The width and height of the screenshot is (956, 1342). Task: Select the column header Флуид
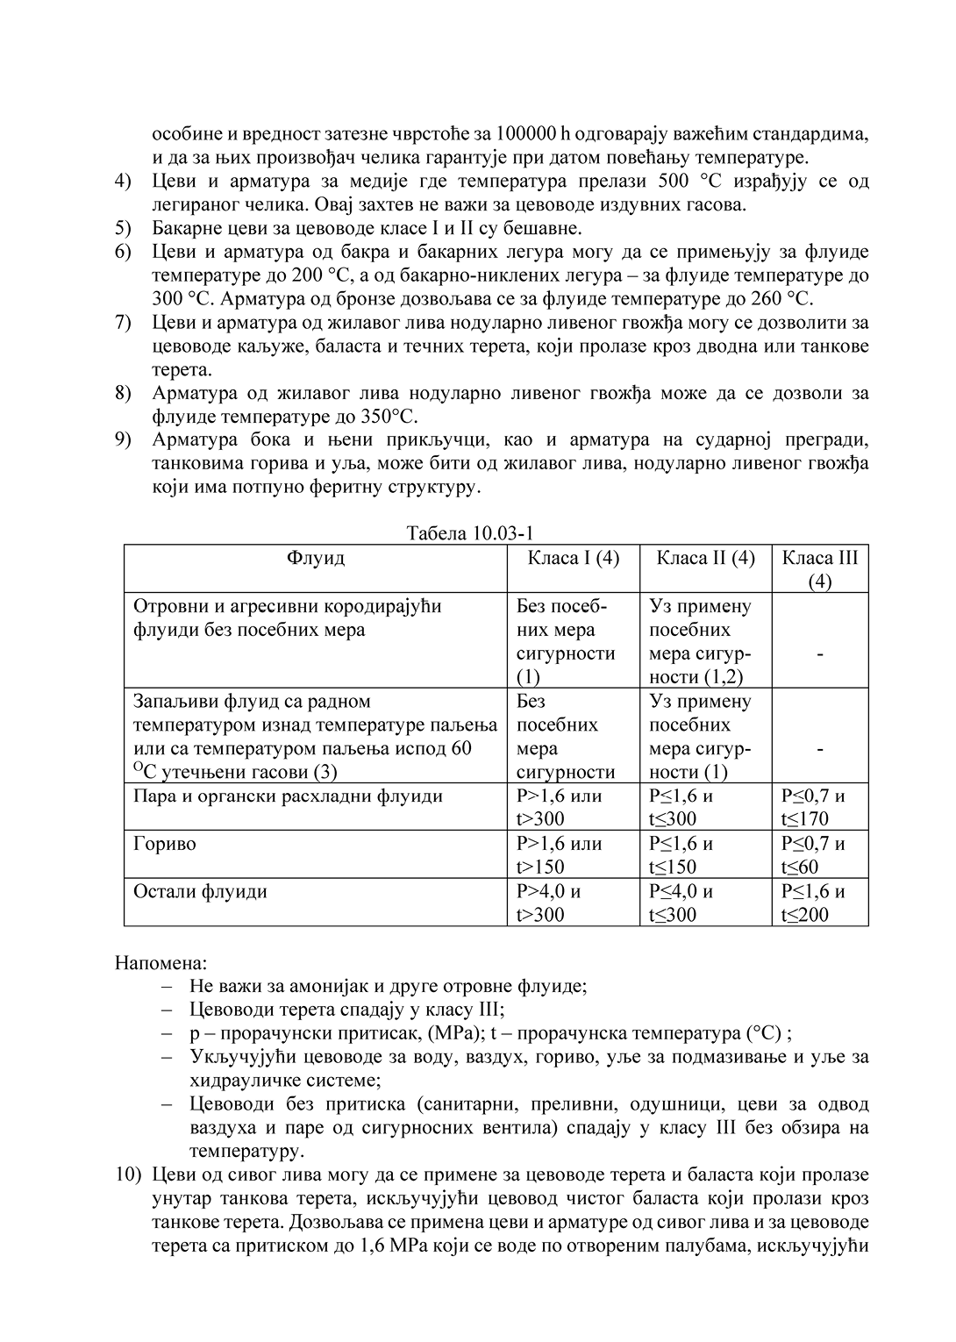pos(315,558)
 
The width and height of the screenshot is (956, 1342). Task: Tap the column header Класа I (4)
pos(574,558)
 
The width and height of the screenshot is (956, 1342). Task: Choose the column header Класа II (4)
pos(705,558)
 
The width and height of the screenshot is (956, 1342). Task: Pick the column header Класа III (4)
pos(820,568)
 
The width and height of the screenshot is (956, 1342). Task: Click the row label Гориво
pos(165,844)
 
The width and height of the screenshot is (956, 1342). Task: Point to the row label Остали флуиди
pos(200,891)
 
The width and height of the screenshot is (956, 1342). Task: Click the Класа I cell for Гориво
pos(560,854)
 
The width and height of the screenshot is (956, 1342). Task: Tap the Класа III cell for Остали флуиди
pos(813,903)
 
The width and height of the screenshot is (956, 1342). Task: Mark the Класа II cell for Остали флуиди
pos(681,903)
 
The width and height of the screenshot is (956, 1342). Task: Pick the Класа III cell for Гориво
pos(813,854)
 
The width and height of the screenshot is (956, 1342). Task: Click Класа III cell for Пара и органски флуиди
pos(813,807)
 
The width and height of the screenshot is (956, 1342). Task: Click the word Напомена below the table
pos(161,963)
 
